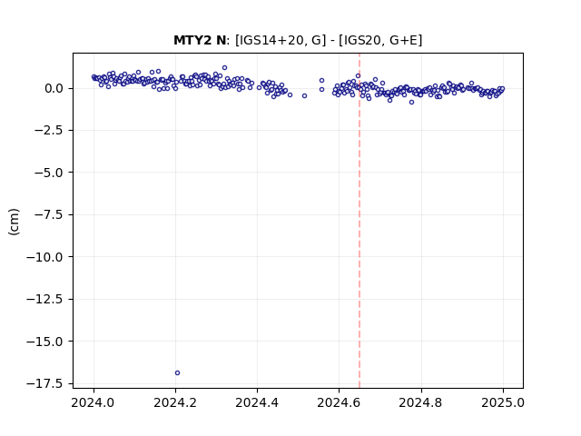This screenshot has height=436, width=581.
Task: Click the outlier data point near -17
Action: (x=177, y=372)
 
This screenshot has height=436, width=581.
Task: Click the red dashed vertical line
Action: (x=359, y=221)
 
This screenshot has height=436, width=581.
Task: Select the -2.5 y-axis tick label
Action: (x=49, y=131)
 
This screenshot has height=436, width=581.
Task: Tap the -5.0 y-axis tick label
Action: (x=49, y=173)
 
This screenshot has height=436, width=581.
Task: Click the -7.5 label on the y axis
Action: (x=49, y=214)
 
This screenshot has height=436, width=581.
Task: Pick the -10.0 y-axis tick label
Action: (x=45, y=257)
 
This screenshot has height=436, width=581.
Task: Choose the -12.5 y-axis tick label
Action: (x=45, y=299)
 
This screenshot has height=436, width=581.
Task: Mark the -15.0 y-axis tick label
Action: (x=45, y=342)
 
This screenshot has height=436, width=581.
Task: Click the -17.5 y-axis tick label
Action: (x=45, y=383)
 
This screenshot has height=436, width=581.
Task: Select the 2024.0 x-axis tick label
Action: (x=94, y=402)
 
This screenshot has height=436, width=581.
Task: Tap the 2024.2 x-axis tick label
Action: (x=175, y=402)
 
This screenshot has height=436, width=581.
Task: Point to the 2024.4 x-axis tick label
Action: (x=257, y=402)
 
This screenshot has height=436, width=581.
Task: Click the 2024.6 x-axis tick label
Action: (x=339, y=402)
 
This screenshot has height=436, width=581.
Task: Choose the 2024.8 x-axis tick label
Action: (x=421, y=402)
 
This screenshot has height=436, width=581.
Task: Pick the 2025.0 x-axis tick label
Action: (x=503, y=402)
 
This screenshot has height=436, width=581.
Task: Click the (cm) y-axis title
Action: (x=15, y=222)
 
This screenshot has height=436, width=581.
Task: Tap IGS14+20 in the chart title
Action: (x=272, y=40)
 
